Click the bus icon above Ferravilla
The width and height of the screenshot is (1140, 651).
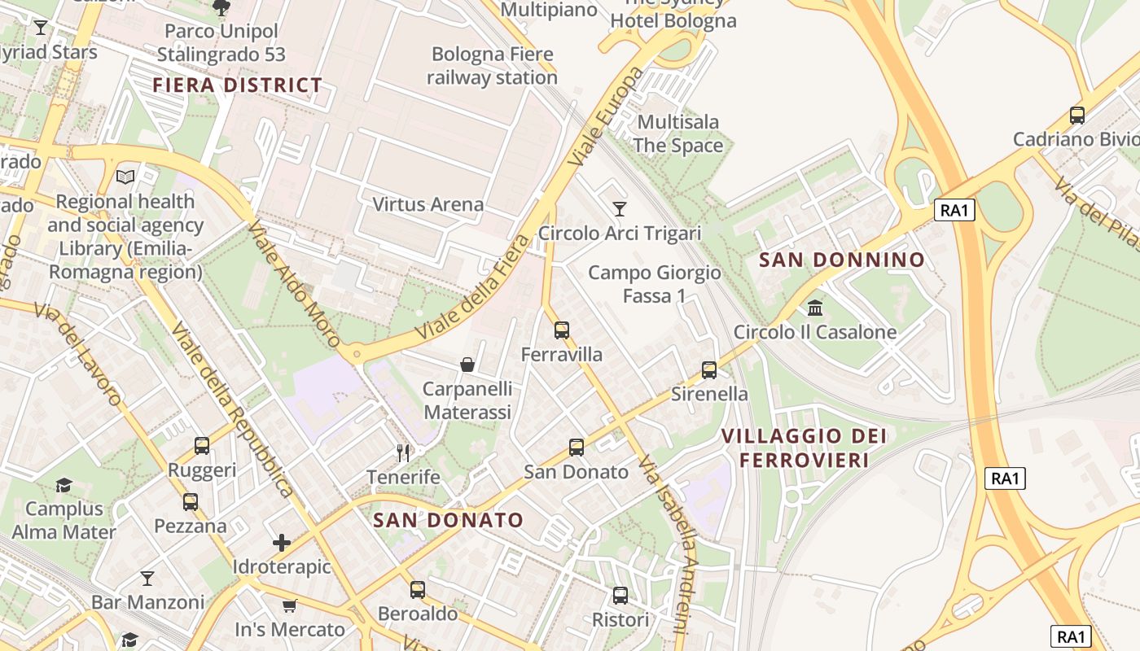561,330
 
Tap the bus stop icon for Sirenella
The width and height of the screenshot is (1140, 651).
709,370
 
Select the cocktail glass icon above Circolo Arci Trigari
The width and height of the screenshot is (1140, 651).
620,209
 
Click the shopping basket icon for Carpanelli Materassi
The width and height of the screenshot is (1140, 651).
467,364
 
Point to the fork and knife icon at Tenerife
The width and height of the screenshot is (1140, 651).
403,452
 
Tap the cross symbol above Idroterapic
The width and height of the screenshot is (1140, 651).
282,542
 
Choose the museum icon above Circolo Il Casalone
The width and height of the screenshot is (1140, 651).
814,308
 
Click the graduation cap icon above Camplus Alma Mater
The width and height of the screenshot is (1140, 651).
64,485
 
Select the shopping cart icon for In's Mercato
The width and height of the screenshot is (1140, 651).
289,605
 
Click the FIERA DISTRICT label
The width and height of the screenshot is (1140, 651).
238,85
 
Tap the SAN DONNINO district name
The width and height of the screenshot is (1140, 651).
842,260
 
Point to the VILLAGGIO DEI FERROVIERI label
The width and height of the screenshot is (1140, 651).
805,448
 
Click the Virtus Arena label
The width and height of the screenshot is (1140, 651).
428,204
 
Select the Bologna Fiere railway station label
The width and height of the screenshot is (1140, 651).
492,66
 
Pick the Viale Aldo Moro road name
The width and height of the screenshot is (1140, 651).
294,284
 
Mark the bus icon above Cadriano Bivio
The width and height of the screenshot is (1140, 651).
1077,116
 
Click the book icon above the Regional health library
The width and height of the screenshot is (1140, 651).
125,177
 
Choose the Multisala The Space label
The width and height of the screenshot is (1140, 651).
678,133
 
